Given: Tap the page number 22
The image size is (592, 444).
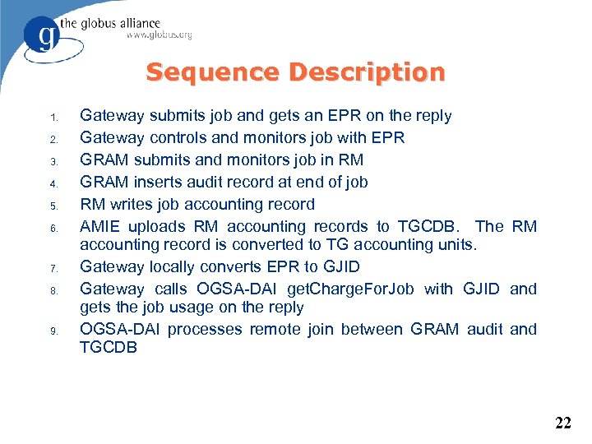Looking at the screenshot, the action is (563, 423).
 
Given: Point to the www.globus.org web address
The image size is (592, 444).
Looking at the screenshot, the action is (159, 35).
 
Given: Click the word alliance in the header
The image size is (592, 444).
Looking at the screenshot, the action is (133, 23).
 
